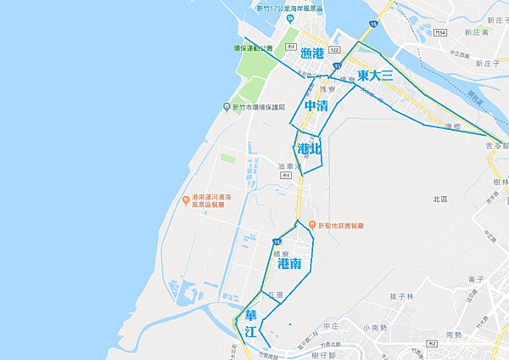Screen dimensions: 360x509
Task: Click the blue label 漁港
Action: coord(312,53)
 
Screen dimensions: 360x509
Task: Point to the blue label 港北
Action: coord(310,149)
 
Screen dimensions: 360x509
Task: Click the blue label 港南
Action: coord(289,264)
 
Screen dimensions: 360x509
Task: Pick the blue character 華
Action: coord(250,311)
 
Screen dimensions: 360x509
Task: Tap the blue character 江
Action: coord(250,332)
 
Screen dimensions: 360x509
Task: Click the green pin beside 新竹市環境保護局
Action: coord(226,107)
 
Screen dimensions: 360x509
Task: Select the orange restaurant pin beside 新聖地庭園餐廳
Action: coord(311,226)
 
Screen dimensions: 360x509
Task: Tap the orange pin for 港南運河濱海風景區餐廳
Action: coord(185,200)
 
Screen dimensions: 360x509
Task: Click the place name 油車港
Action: coord(290,166)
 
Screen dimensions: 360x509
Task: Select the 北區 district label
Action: coord(439,199)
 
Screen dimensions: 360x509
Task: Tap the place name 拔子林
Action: coord(401,296)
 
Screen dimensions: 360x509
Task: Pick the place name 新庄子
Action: coord(481,64)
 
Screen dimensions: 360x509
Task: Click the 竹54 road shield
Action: coord(439,33)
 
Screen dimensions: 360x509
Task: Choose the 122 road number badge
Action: coord(334,50)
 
